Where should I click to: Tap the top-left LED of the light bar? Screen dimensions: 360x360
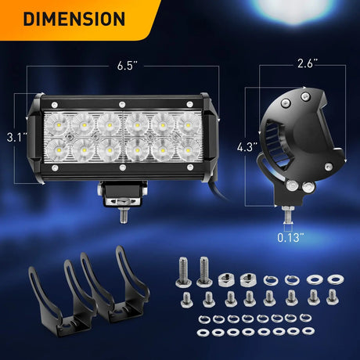[58, 124]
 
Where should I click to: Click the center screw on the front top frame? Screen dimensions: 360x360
[122, 106]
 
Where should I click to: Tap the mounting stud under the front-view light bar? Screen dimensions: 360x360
[122, 211]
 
